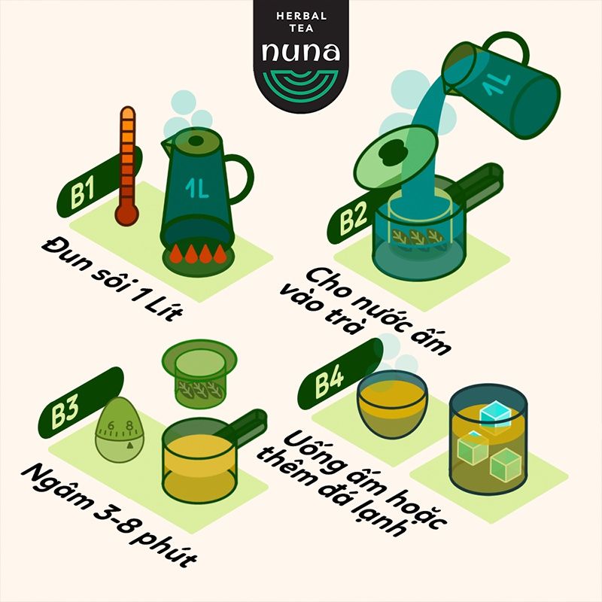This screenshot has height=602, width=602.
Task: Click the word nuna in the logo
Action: coord(300,52)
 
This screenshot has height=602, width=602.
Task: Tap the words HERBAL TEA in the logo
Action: coord(301,22)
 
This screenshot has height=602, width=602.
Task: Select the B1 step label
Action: coord(82,195)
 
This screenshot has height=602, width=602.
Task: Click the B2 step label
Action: coord(353,220)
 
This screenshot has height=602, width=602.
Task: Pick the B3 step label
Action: coord(65,412)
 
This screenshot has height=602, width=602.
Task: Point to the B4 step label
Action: coord(329,382)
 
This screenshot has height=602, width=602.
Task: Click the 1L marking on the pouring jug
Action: coord(497,84)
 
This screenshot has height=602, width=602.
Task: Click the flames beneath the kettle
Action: coord(198,254)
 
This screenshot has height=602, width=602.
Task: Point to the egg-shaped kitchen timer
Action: coord(120,430)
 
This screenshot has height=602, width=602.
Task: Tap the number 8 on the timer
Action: coord(129,425)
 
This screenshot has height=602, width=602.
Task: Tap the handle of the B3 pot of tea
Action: coord(245,426)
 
